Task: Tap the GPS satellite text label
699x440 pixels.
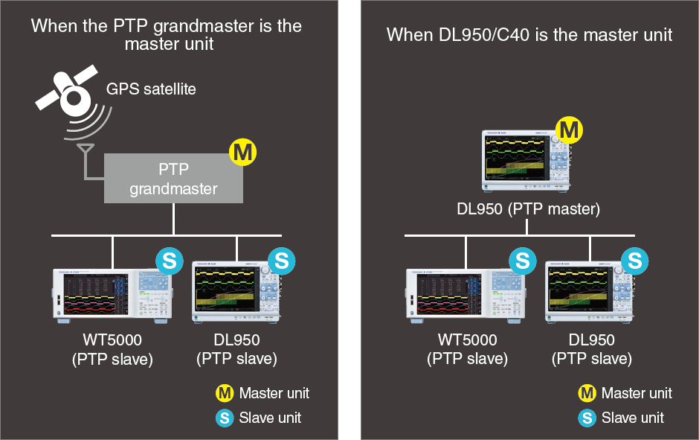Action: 151,89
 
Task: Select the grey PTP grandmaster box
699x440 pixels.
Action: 173,178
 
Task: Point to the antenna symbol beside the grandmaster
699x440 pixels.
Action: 86,150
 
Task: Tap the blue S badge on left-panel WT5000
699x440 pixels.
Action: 170,261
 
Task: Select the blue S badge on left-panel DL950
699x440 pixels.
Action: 282,261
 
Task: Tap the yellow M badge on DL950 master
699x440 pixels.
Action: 569,130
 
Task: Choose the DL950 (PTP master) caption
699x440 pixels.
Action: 528,209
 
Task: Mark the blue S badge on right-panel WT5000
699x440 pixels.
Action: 523,261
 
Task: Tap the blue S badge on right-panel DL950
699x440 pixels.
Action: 635,261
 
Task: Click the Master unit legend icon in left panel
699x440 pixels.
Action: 225,393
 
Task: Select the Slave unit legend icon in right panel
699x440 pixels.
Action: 587,418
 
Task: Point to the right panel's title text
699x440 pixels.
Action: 529,34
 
